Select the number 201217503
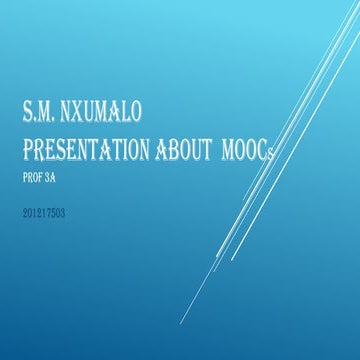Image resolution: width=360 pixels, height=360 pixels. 43,213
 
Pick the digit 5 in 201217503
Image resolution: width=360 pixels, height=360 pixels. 54,213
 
